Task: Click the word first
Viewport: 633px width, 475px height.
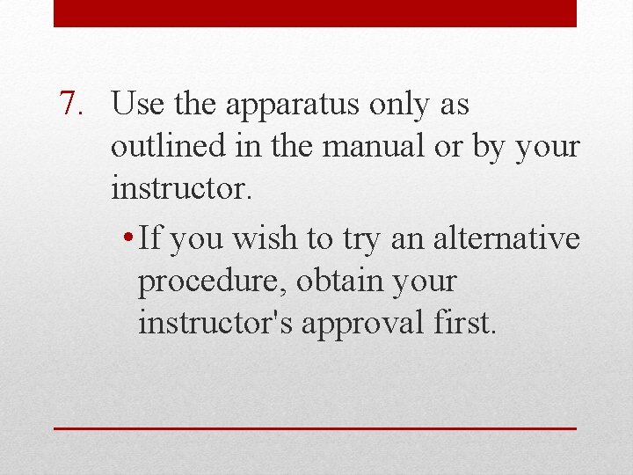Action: tap(466, 323)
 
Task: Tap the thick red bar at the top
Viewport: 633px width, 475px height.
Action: tap(315, 13)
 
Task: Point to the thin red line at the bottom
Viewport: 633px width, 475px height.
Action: tap(315, 428)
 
